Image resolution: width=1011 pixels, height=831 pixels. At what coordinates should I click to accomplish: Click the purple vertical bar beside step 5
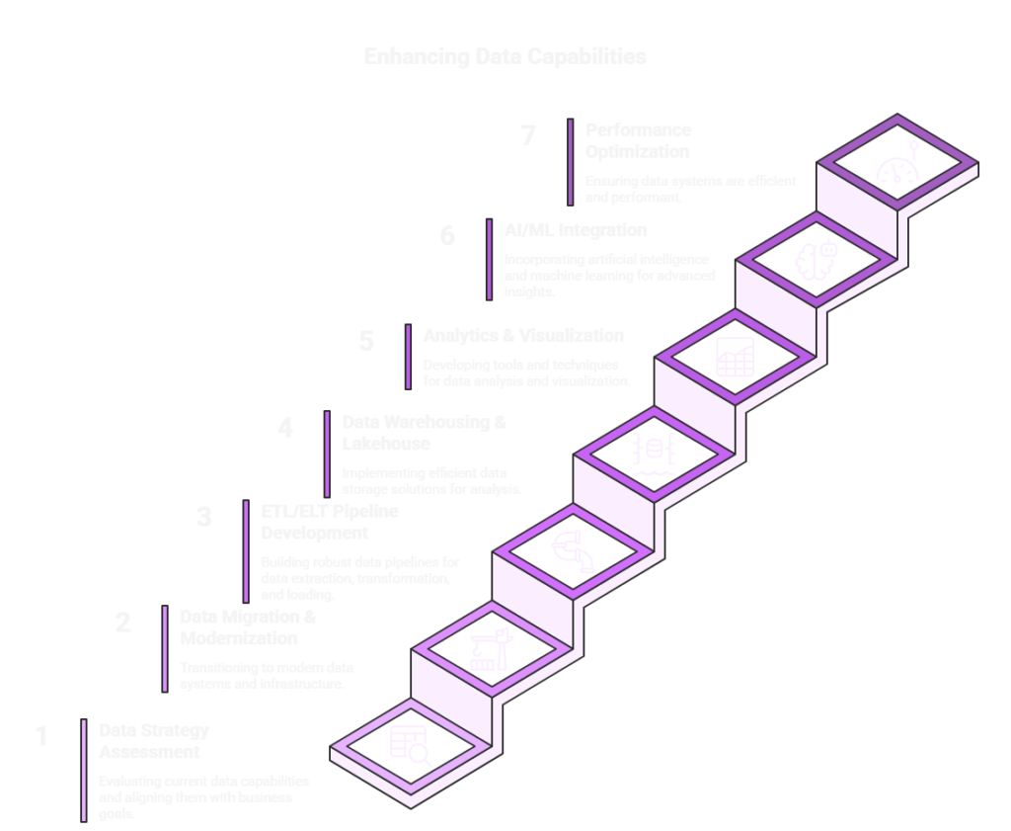(408, 358)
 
